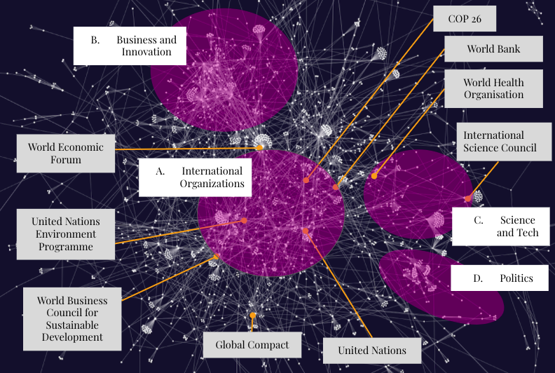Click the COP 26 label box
point(464,18)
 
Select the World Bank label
point(493,49)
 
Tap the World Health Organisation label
point(493,88)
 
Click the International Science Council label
point(500,141)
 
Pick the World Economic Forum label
point(65,153)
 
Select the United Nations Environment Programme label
point(65,234)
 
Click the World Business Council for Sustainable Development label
point(71,318)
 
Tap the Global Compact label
point(252,344)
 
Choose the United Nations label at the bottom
point(371,350)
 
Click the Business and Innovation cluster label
point(130,46)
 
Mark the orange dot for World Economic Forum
point(261,147)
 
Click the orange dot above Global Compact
point(252,316)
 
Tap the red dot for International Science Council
point(468,198)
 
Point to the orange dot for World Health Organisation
point(374,176)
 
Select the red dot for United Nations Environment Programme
point(244,220)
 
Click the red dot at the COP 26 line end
point(306,180)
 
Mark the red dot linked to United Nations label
point(306,231)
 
